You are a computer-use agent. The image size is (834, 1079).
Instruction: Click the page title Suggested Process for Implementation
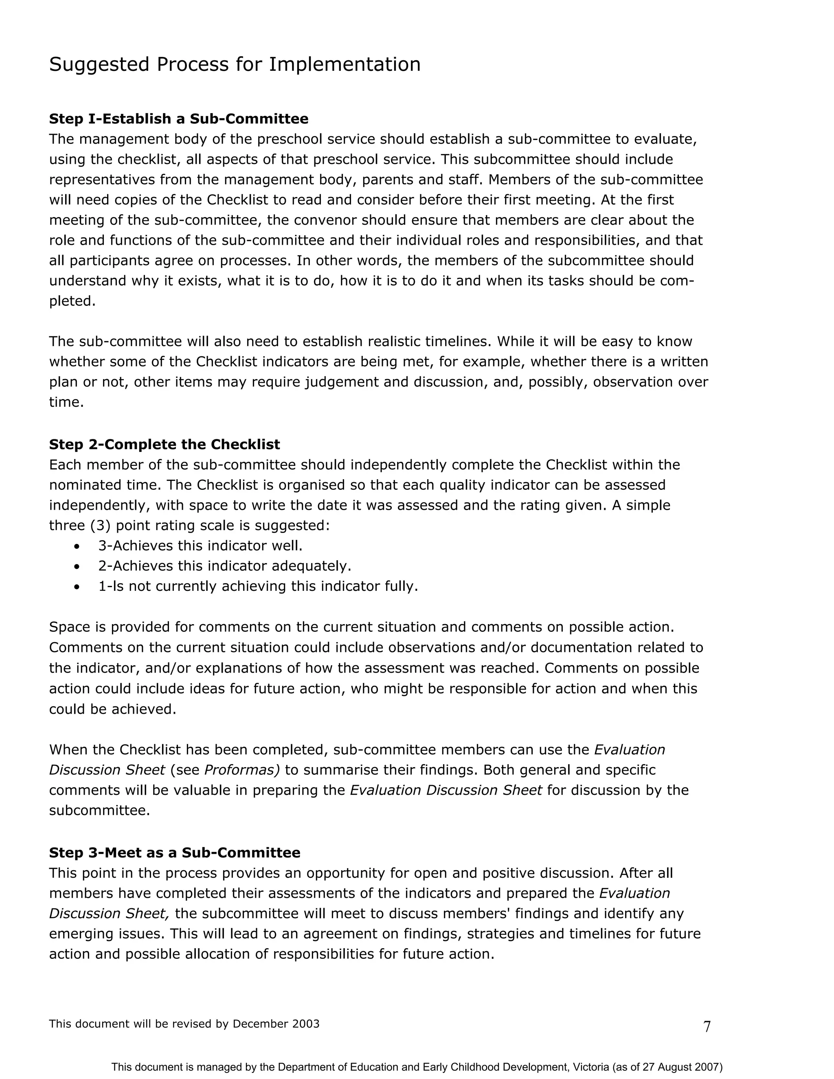[x=235, y=64]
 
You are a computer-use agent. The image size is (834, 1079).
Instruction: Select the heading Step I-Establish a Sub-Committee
[x=178, y=118]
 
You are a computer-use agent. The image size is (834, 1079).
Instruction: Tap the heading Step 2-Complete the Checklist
[x=164, y=444]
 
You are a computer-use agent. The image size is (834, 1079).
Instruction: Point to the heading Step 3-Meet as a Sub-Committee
[x=174, y=852]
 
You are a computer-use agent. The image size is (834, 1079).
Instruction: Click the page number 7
[x=707, y=1026]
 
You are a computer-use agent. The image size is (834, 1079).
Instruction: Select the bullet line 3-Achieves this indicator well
[x=200, y=546]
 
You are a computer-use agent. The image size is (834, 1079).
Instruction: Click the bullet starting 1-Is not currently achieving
[x=258, y=586]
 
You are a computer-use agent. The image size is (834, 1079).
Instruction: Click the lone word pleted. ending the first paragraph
[x=72, y=301]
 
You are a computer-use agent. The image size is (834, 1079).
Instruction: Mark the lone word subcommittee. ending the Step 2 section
[x=99, y=810]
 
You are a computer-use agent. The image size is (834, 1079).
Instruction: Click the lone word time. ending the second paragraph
[x=66, y=402]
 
